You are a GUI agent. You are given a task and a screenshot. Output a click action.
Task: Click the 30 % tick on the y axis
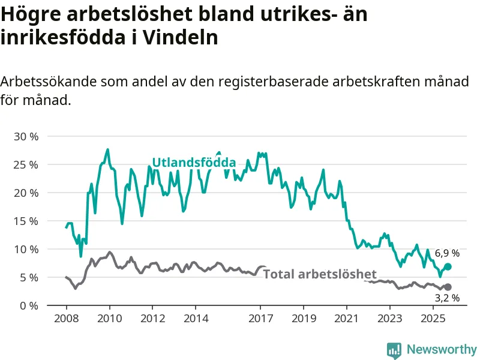26,136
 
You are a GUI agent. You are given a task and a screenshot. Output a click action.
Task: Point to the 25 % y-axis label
26,164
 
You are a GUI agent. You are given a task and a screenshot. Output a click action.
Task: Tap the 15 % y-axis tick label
26,221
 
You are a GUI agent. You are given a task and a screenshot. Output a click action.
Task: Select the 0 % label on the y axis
29,305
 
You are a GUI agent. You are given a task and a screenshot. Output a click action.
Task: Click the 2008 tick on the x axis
66,317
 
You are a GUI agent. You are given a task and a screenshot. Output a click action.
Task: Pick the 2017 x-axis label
260,317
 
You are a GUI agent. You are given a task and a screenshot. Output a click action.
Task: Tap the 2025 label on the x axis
433,317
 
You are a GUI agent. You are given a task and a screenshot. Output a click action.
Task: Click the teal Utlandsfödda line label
193,163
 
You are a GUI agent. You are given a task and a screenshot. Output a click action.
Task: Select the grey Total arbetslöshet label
320,274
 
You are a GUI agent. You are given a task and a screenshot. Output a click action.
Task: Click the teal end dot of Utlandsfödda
448,266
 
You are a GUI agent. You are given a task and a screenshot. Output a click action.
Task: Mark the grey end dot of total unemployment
448,287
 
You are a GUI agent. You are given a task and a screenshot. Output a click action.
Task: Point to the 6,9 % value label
447,253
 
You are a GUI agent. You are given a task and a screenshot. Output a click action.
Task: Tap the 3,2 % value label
447,298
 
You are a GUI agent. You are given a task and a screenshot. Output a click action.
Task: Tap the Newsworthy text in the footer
442,349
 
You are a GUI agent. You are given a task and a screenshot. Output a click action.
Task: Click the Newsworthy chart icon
394,350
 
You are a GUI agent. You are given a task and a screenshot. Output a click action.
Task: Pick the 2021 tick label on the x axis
347,317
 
